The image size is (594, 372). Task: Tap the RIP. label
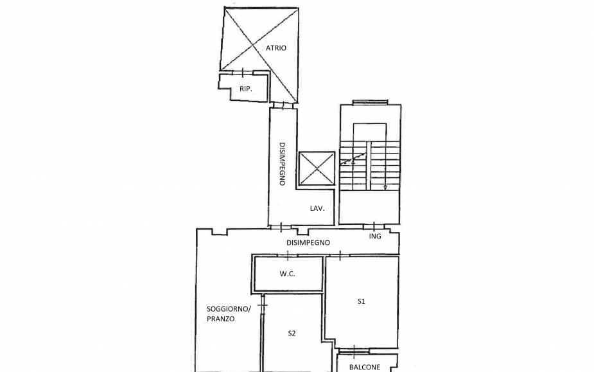[245, 89]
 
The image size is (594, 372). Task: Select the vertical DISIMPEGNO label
[281, 164]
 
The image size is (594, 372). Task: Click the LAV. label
[317, 208]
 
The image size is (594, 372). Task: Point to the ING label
[375, 236]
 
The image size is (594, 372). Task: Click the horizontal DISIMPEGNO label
[308, 243]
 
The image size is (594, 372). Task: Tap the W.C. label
[287, 274]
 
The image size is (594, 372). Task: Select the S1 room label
[362, 301]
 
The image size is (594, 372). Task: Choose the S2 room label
[292, 333]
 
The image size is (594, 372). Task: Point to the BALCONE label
[365, 368]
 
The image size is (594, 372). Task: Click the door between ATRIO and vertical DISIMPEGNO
[282, 105]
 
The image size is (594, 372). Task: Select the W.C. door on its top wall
[288, 256]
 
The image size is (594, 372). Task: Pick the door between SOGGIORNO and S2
[262, 301]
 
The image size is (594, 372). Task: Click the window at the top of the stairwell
[370, 101]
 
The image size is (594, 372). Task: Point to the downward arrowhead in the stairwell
[385, 188]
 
